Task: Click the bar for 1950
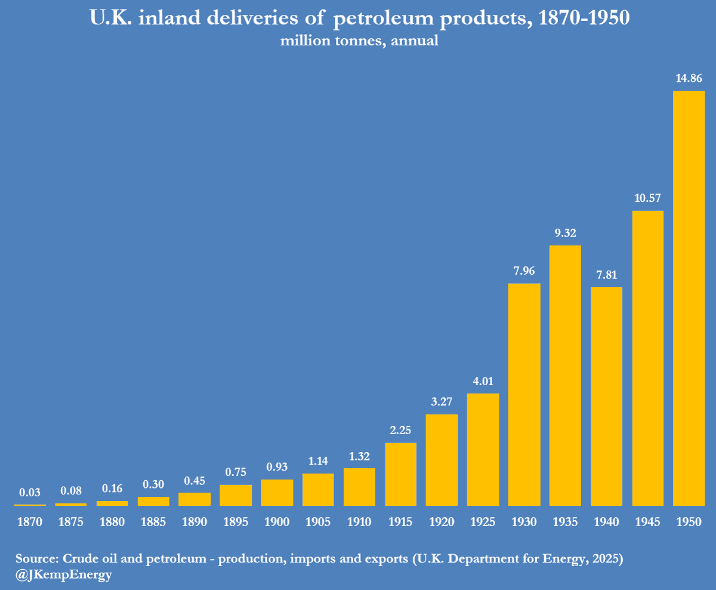point(689,298)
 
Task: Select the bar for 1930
point(524,394)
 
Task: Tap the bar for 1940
point(606,397)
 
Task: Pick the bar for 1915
point(400,474)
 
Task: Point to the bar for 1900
point(277,493)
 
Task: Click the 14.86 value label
point(689,78)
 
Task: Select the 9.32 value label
point(565,232)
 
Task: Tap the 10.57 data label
point(647,198)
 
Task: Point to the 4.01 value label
point(483,381)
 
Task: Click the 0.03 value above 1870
point(30,493)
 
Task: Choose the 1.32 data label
point(359,456)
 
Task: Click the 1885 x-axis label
point(153,522)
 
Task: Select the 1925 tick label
point(483,522)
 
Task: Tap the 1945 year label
point(647,522)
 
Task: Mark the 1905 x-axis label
point(318,522)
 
